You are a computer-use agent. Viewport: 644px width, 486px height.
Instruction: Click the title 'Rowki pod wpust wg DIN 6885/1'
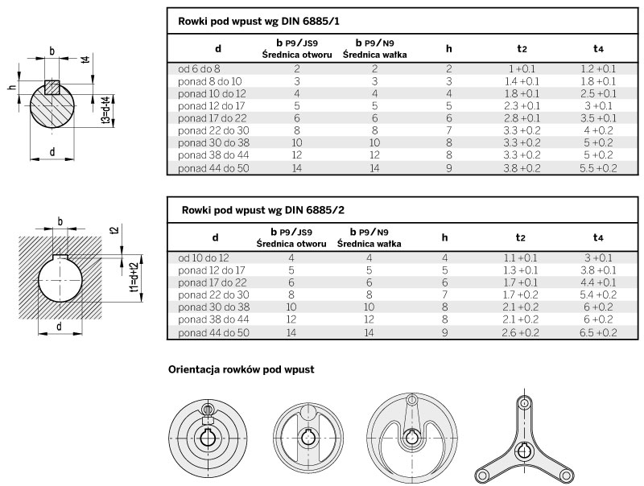click(258, 22)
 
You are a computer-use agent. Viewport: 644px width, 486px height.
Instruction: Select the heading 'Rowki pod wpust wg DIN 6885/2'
click(263, 210)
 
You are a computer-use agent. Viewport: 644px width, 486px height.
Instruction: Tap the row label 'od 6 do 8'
click(199, 69)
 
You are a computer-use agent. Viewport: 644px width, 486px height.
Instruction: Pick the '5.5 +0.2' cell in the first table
click(598, 168)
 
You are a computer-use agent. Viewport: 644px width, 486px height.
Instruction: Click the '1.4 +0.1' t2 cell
click(522, 81)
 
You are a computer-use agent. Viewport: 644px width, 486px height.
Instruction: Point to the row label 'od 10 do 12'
click(204, 258)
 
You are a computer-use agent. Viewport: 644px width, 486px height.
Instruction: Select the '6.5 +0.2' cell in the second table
click(598, 332)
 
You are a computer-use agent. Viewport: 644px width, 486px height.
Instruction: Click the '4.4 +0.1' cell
click(598, 282)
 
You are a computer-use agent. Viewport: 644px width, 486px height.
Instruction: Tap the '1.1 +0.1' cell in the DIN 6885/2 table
click(520, 258)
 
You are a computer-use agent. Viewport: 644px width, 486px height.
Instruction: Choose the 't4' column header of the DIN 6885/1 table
click(598, 48)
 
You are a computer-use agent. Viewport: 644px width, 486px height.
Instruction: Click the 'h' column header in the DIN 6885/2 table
click(444, 237)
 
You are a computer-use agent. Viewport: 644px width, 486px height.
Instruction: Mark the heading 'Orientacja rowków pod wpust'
click(241, 369)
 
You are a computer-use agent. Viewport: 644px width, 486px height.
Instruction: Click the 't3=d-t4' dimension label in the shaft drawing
click(106, 110)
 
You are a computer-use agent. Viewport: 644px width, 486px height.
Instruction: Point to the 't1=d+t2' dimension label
click(133, 278)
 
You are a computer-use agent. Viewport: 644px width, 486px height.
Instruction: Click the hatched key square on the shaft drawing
click(52, 87)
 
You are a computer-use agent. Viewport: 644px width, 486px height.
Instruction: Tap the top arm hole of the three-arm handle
click(524, 402)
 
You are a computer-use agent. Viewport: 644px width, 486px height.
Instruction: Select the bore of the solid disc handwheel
click(208, 437)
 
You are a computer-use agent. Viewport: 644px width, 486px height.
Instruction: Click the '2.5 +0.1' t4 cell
click(598, 93)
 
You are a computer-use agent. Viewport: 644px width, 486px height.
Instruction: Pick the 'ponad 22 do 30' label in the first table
click(213, 130)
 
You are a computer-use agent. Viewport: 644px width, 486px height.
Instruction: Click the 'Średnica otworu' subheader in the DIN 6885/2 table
click(291, 244)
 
